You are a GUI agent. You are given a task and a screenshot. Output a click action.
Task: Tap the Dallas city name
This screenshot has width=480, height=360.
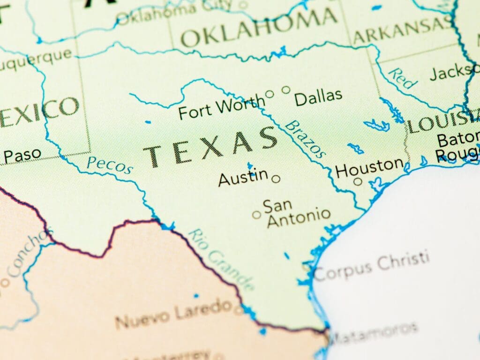pyautogui.click(x=318, y=97)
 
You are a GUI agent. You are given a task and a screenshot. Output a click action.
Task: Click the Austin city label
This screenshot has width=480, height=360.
pyautogui.click(x=243, y=179)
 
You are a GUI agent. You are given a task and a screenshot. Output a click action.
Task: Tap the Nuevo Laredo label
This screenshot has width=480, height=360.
pyautogui.click(x=173, y=315)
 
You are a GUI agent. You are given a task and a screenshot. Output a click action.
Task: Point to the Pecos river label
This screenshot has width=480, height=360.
pyautogui.click(x=110, y=165)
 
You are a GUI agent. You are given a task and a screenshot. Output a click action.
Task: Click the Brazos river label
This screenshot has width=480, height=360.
pyautogui.click(x=306, y=139)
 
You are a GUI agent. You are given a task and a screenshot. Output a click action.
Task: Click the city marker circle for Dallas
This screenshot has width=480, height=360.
pyautogui.click(x=286, y=90)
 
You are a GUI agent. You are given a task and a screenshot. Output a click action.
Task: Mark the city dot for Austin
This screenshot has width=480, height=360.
pyautogui.click(x=276, y=179)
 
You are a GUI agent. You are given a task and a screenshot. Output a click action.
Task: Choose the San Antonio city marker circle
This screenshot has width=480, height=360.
pyautogui.click(x=256, y=215)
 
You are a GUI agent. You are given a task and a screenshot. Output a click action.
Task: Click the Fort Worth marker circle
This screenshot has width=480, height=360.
pyautogui.click(x=270, y=94)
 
